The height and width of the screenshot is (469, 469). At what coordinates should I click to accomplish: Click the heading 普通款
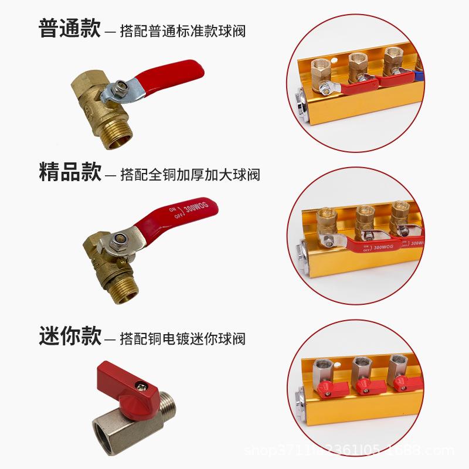point(70,29)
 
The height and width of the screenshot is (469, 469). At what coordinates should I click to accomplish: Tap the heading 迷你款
point(70,337)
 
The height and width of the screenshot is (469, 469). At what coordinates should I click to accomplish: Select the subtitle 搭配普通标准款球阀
point(182,30)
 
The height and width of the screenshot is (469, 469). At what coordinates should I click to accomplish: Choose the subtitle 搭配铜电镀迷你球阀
point(182,338)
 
